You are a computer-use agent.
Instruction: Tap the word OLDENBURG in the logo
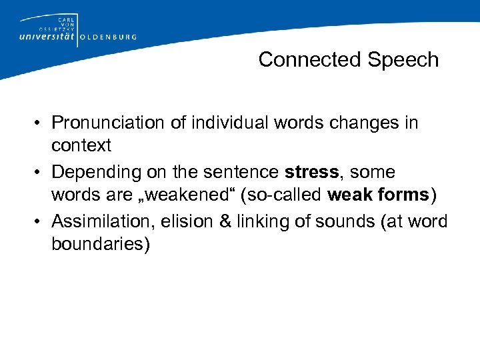[x=108, y=38]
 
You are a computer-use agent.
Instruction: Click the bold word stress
[x=311, y=172]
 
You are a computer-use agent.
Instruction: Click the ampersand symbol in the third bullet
[x=223, y=221]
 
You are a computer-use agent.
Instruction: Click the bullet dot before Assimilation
[x=40, y=221]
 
